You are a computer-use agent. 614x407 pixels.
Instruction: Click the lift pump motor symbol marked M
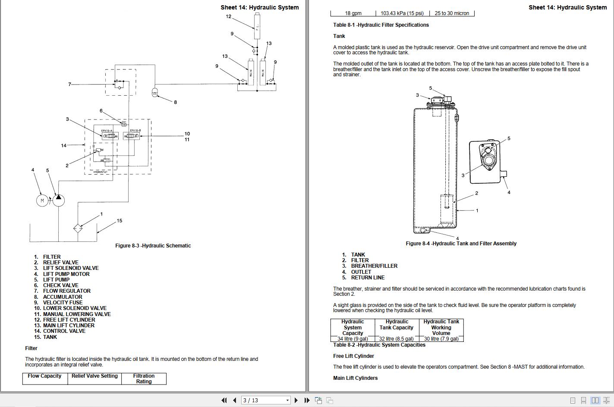click(x=42, y=200)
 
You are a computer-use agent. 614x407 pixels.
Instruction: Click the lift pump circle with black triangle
click(x=59, y=200)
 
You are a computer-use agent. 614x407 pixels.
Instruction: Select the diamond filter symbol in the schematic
click(x=78, y=228)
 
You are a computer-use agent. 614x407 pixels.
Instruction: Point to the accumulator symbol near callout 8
click(x=155, y=92)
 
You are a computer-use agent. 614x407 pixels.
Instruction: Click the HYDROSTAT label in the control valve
click(x=100, y=172)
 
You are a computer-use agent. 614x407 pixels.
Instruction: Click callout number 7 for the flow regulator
click(x=69, y=85)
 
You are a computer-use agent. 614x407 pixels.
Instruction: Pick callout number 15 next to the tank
click(x=120, y=221)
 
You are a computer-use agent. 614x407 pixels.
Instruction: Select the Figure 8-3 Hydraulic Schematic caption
click(x=153, y=246)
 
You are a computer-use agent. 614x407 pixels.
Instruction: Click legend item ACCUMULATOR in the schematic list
click(x=62, y=297)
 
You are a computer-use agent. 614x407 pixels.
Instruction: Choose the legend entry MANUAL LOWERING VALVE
click(x=76, y=314)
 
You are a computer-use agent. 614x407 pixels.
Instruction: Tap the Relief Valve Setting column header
click(x=94, y=376)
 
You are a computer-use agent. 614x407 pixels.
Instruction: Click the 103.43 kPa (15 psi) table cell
click(x=402, y=13)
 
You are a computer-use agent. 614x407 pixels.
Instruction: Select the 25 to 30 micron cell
click(x=452, y=13)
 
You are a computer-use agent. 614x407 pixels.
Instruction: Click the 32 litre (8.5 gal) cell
click(x=396, y=339)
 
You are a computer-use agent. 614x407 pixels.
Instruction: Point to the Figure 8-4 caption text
click(x=461, y=244)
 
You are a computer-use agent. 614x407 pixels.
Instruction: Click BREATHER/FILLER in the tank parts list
click(x=374, y=266)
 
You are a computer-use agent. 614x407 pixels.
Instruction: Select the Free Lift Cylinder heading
click(x=353, y=356)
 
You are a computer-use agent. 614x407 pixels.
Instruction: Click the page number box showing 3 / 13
click(x=265, y=400)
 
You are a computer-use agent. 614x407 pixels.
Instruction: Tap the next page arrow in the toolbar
click(x=296, y=400)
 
